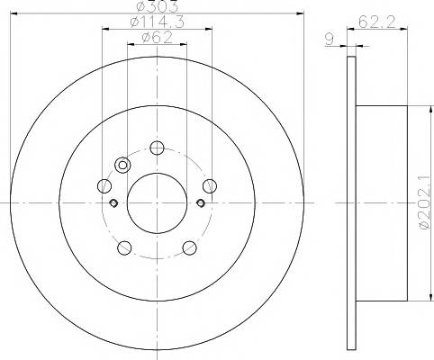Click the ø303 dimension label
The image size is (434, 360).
158,6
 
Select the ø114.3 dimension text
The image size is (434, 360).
158,22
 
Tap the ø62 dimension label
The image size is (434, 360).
158,38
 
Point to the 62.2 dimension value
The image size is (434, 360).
377,22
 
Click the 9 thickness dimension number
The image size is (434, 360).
330,39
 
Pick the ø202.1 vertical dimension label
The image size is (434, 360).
424,203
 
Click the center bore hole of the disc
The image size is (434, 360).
157,203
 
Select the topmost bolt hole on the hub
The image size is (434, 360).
157,148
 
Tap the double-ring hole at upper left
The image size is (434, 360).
122,165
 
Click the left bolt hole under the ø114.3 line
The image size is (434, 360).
104,186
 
